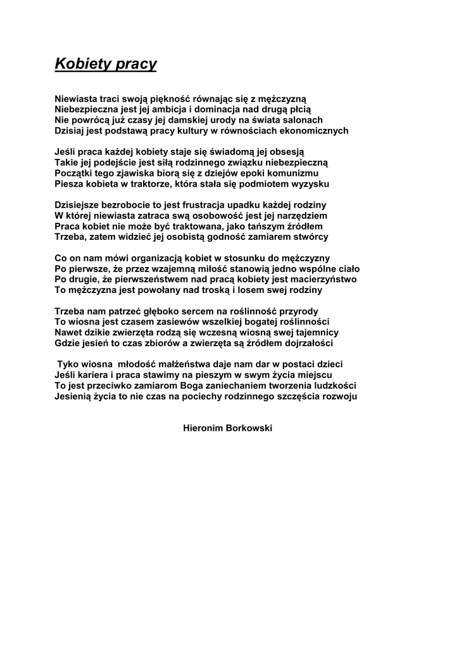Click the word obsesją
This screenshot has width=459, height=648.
point(286,152)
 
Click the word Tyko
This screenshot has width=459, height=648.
point(68,365)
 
